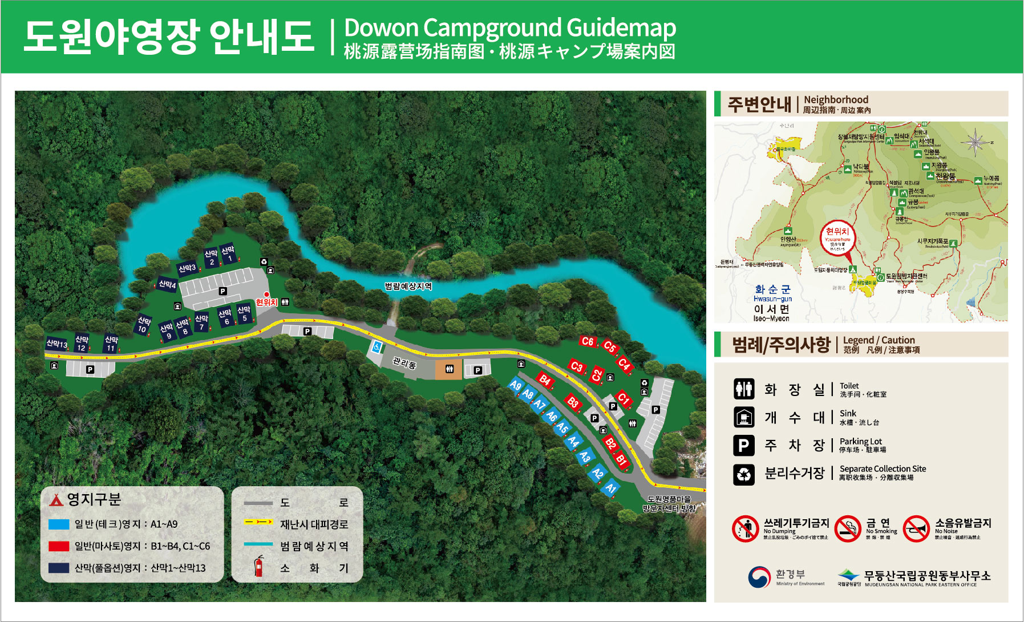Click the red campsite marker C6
[587, 341]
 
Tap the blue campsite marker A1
[611, 487]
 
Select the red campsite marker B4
[545, 380]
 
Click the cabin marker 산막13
[56, 344]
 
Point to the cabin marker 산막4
[167, 284]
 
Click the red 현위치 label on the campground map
[266, 302]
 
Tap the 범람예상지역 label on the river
[408, 286]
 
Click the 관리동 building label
[404, 363]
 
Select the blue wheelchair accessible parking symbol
[377, 346]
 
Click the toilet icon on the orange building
[449, 369]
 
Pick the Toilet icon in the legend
[744, 389]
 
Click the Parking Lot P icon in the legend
[744, 445]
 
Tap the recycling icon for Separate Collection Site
[744, 474]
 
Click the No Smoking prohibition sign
[847, 529]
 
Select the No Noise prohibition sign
[916, 529]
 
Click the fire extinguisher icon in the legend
[259, 566]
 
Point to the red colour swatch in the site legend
[59, 546]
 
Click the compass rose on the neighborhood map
[975, 141]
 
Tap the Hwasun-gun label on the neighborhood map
[772, 298]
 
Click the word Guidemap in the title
[621, 27]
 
